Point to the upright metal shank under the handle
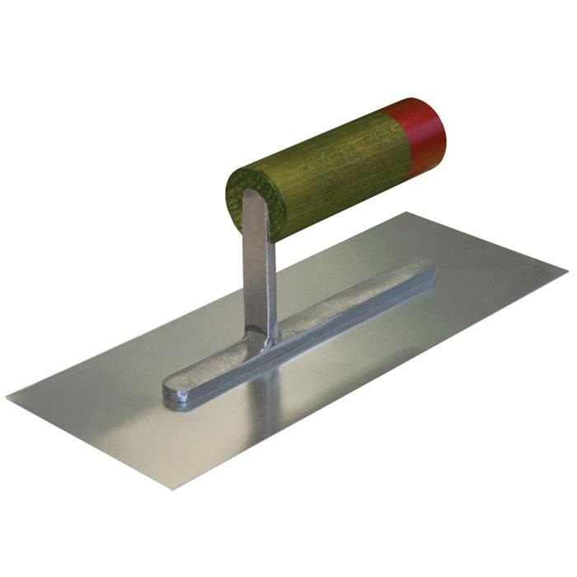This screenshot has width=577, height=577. coord(259,272)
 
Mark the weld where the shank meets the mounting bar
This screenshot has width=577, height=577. coord(265,338)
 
